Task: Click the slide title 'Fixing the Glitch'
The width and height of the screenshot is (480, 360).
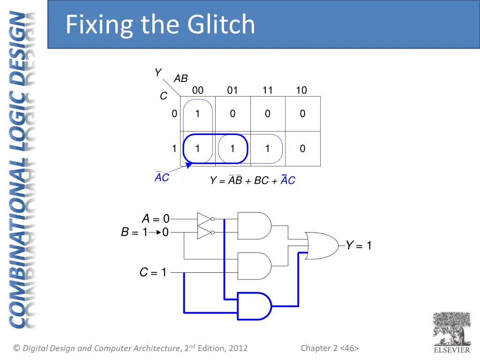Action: pyautogui.click(x=160, y=24)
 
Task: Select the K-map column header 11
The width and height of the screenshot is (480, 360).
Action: pyautogui.click(x=267, y=90)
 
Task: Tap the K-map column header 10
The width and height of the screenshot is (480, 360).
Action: pyautogui.click(x=301, y=90)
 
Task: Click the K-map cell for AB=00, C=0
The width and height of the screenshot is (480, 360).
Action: pyautogui.click(x=198, y=113)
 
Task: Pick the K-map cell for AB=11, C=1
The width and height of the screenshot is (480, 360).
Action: pyautogui.click(x=267, y=149)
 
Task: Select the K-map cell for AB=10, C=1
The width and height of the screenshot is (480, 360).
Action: pyautogui.click(x=302, y=149)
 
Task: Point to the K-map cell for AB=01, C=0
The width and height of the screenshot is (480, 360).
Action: pyautogui.click(x=232, y=113)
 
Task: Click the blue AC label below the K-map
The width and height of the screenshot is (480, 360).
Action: pyautogui.click(x=162, y=178)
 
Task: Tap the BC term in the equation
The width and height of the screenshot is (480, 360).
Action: pyautogui.click(x=261, y=180)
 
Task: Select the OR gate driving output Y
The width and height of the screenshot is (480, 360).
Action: pyautogui.click(x=322, y=245)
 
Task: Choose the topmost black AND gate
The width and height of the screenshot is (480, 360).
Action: pyautogui.click(x=254, y=225)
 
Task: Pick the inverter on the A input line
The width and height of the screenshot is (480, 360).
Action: pyautogui.click(x=204, y=219)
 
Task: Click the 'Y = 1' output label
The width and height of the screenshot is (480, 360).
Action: pyautogui.click(x=359, y=245)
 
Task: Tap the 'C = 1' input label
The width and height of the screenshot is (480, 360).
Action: pyautogui.click(x=153, y=272)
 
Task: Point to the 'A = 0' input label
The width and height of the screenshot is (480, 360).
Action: pyautogui.click(x=155, y=219)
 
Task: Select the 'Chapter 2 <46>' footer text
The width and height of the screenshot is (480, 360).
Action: pyautogui.click(x=330, y=348)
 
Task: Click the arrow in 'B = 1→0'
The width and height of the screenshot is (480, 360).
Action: pyautogui.click(x=156, y=232)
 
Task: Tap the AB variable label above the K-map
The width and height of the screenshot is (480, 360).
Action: pyautogui.click(x=180, y=79)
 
